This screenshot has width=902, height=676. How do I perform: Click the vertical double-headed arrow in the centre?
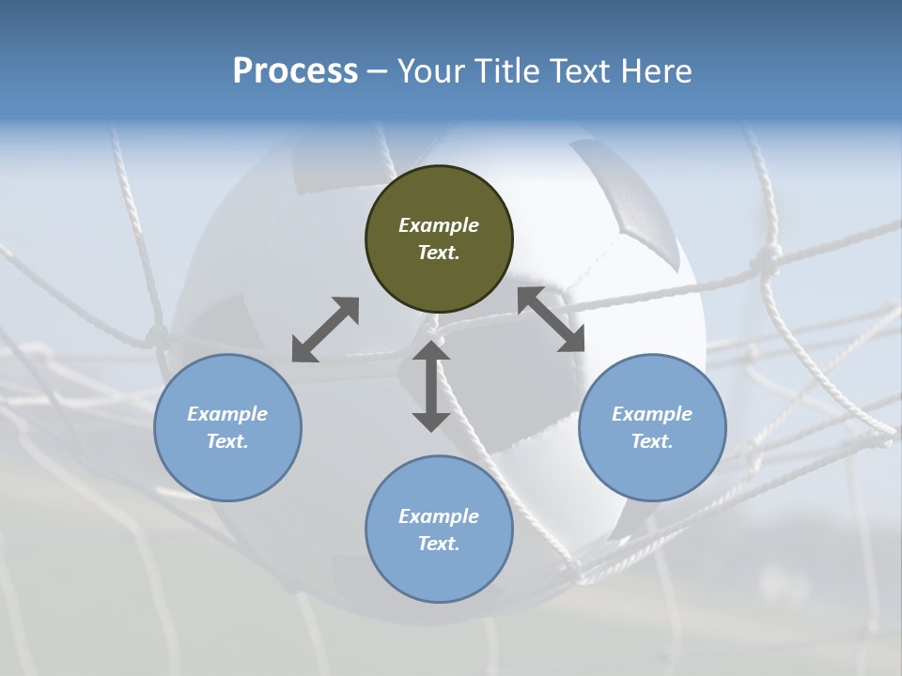coord(431,386)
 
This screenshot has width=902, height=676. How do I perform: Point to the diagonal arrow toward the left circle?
coord(325,330)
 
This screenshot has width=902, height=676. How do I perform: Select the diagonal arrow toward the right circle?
coord(551,319)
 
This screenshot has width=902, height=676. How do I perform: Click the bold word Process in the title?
coord(295,70)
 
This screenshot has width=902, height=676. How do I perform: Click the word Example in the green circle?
coord(439,225)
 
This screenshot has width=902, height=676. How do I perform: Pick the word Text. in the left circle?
coord(227,441)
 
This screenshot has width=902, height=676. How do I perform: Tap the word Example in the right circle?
coord(652,414)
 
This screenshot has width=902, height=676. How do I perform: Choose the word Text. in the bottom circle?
coord(439,544)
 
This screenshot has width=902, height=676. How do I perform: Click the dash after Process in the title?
coord(377,71)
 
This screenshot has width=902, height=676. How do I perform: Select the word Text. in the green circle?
coord(439,253)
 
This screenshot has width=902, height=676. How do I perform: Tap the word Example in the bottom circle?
coord(439,516)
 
